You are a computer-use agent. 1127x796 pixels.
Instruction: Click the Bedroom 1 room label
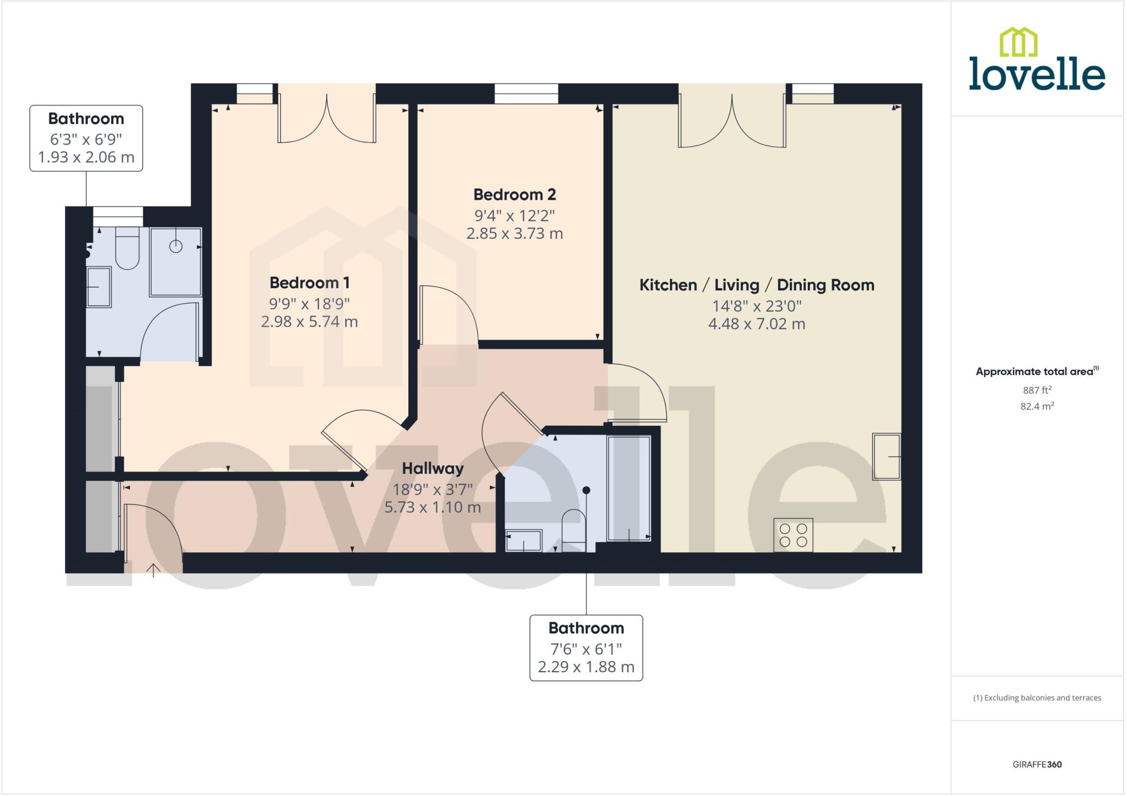309,283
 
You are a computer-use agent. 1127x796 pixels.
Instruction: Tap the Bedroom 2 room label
515,195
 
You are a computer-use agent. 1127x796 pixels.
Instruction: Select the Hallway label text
433,469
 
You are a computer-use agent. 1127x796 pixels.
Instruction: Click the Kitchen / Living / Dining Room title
757,285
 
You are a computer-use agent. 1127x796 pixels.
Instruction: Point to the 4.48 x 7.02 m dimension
757,324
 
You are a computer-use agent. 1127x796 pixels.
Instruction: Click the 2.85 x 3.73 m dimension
515,234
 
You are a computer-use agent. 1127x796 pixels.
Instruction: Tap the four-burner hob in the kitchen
793,535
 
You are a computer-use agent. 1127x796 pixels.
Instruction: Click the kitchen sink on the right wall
887,457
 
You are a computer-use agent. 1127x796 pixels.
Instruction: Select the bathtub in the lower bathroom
629,488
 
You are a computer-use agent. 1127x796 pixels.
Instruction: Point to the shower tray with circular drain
175,262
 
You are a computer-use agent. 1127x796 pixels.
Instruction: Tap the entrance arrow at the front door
153,570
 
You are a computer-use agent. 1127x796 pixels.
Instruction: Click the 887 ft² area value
1037,390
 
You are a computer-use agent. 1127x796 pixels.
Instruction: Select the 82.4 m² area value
1037,407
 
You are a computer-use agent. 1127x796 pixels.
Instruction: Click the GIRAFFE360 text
1037,764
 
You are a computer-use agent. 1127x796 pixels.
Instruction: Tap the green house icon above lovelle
1018,42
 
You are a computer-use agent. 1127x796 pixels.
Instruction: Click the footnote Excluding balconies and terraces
1037,698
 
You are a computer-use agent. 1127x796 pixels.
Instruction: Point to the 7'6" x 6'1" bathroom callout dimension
586,649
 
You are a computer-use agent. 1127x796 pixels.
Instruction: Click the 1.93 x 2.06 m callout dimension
86,157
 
